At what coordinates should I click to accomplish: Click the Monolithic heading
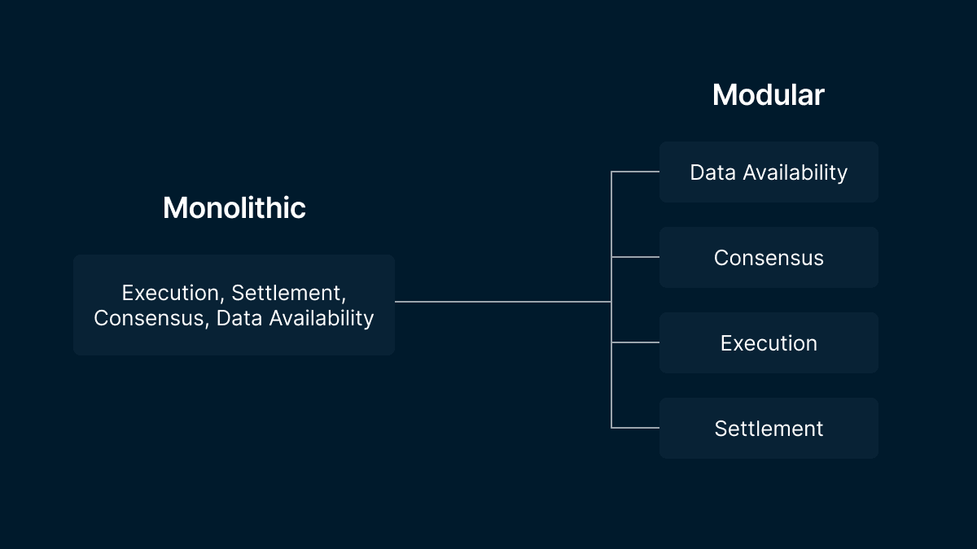click(x=234, y=207)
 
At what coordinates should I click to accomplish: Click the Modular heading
click(x=769, y=94)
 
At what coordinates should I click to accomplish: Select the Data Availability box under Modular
click(x=769, y=172)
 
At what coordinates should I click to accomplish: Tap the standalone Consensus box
click(x=769, y=257)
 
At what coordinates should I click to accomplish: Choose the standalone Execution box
click(x=769, y=342)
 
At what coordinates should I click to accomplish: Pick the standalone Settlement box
click(x=769, y=428)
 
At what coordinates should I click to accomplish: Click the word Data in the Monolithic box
click(x=239, y=318)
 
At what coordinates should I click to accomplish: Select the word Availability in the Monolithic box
click(x=322, y=319)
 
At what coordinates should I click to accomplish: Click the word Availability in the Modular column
click(x=795, y=173)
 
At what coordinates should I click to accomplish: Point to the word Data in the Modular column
click(x=712, y=172)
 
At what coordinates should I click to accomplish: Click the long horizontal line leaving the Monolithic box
click(x=503, y=302)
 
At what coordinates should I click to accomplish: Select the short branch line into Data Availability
click(x=635, y=172)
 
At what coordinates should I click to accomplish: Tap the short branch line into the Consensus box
click(x=635, y=257)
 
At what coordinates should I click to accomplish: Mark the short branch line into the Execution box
click(x=635, y=342)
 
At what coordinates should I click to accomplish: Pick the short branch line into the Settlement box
click(x=635, y=428)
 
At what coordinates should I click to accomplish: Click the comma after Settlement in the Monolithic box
click(x=344, y=300)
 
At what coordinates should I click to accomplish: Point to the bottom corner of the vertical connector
click(x=611, y=428)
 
